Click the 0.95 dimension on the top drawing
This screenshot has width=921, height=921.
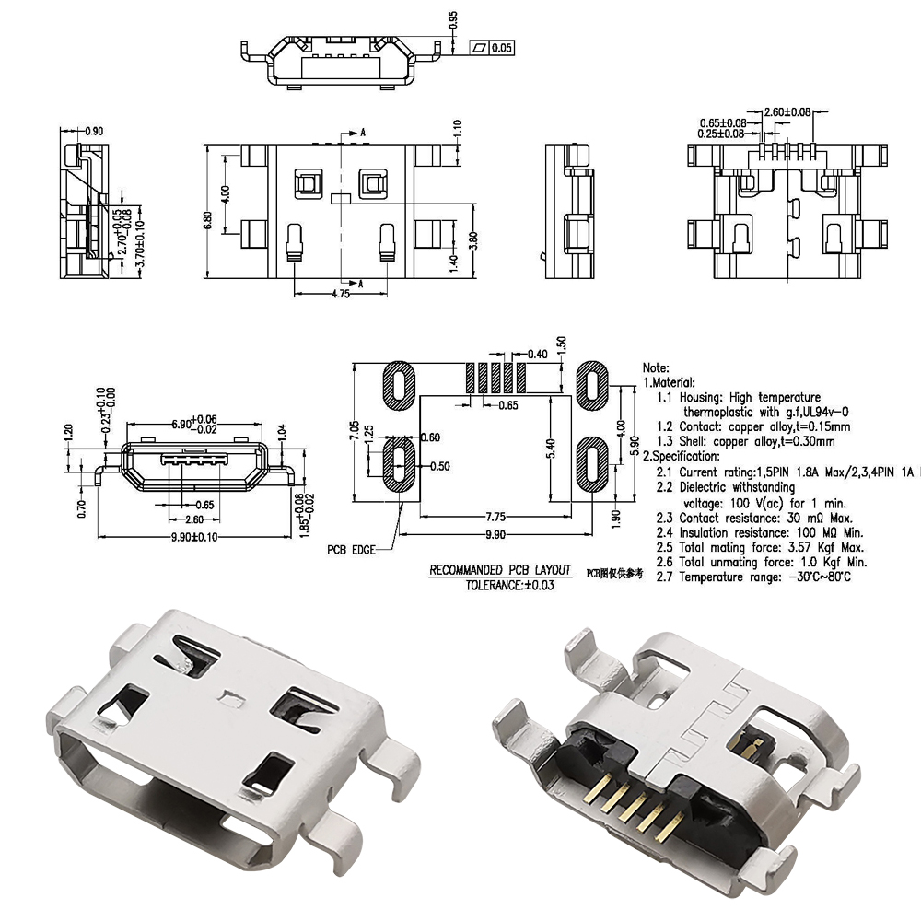pyautogui.click(x=453, y=20)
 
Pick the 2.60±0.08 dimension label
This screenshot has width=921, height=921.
pyautogui.click(x=787, y=111)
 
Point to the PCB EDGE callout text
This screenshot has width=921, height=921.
pyautogui.click(x=352, y=550)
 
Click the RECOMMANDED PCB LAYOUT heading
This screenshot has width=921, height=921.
pyautogui.click(x=500, y=570)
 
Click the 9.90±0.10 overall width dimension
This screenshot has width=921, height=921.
pyautogui.click(x=197, y=537)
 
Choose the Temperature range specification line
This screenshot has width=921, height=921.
pyautogui.click(x=753, y=577)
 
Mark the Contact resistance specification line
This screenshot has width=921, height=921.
pyautogui.click(x=758, y=518)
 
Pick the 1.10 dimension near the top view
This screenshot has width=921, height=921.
pyautogui.click(x=458, y=129)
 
